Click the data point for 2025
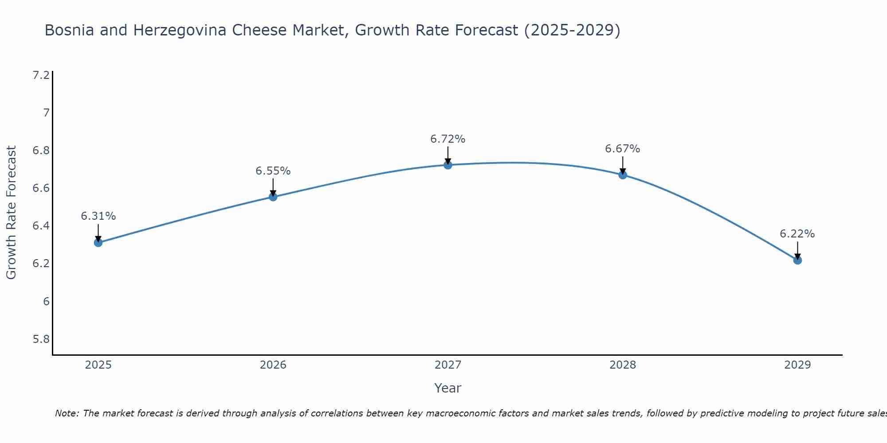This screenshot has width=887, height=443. click(x=98, y=242)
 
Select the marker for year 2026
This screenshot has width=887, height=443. click(x=273, y=197)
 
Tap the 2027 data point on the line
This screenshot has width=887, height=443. click(x=448, y=165)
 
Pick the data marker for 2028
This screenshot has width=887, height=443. click(x=623, y=175)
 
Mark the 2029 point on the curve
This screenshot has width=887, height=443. click(x=797, y=260)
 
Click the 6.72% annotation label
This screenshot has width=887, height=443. click(x=448, y=139)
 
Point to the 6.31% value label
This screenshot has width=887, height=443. click(x=98, y=216)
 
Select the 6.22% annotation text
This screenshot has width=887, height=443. click(x=797, y=234)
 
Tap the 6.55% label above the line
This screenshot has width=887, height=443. click(x=273, y=171)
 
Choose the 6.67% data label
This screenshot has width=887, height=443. click(x=623, y=149)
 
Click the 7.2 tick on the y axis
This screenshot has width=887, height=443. click(x=41, y=75)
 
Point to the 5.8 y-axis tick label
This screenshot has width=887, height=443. click(x=41, y=339)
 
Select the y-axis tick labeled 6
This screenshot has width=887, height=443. click(x=46, y=302)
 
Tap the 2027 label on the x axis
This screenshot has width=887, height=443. click(x=448, y=365)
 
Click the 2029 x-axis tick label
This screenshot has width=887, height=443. click(x=797, y=365)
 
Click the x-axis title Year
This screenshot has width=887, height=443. click(x=448, y=388)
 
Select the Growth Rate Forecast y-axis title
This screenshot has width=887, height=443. click(x=12, y=213)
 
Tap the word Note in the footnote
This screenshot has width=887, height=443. click(x=67, y=413)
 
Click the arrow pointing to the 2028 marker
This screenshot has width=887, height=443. click(x=623, y=165)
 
